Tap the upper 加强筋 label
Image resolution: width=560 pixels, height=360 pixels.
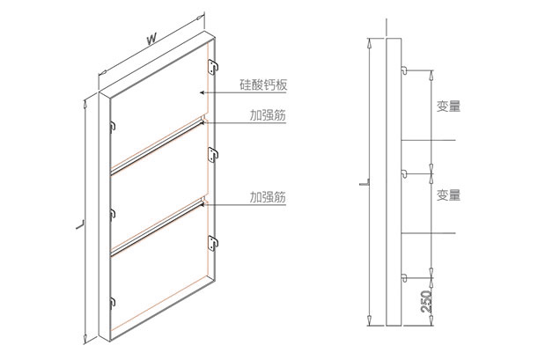pyautogui.click(x=268, y=115)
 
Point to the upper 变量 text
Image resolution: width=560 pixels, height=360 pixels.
pyautogui.click(x=448, y=107)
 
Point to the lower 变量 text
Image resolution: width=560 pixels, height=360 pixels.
pyautogui.click(x=448, y=195)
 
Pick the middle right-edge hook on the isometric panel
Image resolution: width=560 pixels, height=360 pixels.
pyautogui.click(x=212, y=155)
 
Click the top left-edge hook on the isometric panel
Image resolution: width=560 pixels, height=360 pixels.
pyautogui.click(x=113, y=126)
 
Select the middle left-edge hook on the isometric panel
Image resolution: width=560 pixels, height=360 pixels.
pyautogui.click(x=113, y=213)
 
